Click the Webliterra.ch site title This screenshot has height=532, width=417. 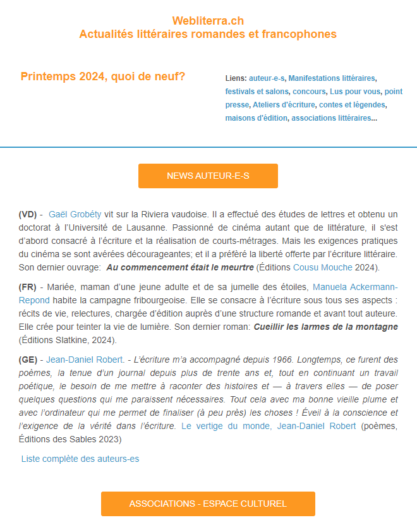(208, 21)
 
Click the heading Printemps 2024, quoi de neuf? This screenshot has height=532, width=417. (103, 77)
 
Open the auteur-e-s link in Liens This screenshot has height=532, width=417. (267, 78)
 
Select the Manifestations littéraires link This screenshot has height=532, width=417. (331, 78)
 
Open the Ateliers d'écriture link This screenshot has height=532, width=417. (283, 105)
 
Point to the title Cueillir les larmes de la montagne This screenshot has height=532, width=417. (325, 327)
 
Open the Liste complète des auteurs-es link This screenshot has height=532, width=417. (80, 459)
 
